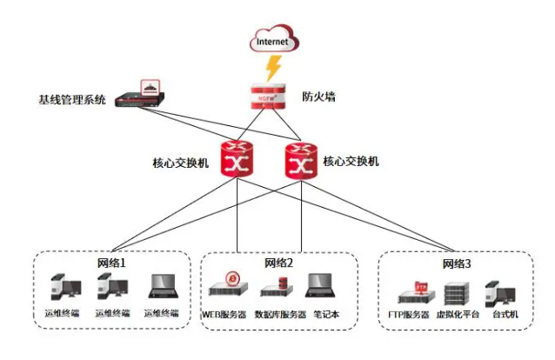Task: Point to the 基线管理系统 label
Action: [72, 100]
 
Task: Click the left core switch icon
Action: [237, 161]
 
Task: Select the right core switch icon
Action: [300, 161]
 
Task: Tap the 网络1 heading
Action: [112, 263]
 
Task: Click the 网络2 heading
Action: [279, 263]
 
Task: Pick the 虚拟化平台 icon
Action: [456, 291]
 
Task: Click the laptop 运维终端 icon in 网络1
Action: [161, 289]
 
